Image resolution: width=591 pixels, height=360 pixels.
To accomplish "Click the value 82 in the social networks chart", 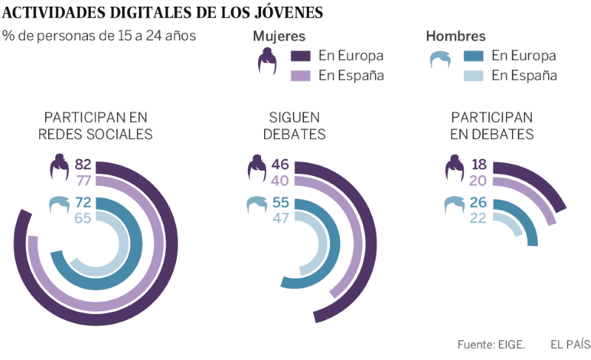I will pos(83,164).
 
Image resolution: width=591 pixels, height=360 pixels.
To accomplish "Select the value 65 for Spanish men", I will pos(83,218).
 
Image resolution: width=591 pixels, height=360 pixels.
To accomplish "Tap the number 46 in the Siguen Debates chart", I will pos(280,164).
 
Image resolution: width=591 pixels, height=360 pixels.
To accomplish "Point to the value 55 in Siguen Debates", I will pos(280,202).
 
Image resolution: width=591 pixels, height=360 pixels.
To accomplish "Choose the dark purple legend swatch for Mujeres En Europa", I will pos(301,55).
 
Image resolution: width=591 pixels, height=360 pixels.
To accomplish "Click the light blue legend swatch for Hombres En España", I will pos(474,75).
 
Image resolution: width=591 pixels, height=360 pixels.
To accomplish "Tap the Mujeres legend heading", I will pos(279,36).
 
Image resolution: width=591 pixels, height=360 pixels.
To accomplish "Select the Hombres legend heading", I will pos(456,36).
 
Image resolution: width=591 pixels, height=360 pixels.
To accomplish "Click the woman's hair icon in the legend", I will pos(267,61).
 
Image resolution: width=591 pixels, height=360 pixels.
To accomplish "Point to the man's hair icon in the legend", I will pos(442,59).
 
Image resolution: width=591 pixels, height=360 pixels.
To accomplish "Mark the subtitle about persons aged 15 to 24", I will pos(99,35).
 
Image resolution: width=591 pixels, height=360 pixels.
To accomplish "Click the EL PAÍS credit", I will pos(570,344).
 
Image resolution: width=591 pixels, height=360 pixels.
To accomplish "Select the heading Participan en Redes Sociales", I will pos(95,126).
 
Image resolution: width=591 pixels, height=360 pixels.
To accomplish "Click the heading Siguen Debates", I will pos(294,126).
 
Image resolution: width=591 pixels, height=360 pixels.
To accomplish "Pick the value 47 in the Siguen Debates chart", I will pos(280,218).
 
